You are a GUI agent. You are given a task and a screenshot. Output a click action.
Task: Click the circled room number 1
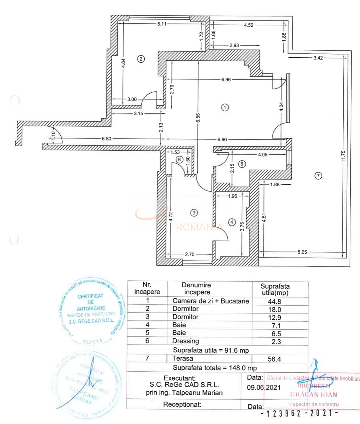coord(225,107)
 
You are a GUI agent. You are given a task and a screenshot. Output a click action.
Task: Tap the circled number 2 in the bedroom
coord(141,59)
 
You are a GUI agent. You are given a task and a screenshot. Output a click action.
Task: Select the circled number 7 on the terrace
coord(318,175)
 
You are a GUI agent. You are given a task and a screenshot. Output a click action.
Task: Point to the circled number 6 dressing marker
coord(179,160)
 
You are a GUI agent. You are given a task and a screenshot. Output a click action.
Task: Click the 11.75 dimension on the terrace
coord(343,156)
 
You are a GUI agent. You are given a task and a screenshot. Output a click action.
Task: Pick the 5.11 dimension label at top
coord(162,24)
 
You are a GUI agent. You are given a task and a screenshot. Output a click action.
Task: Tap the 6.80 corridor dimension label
coord(106,139)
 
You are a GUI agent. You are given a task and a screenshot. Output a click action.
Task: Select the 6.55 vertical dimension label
coord(198,118)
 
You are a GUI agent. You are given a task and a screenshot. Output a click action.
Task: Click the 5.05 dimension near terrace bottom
coord(302,252)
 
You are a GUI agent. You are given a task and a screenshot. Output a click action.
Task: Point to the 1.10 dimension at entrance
coord(54,136)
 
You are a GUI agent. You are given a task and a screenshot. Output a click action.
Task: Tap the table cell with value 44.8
coord(274,301)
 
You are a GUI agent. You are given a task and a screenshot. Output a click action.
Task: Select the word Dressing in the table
coord(186,341)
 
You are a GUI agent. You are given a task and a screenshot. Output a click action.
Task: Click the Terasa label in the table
coord(183,359)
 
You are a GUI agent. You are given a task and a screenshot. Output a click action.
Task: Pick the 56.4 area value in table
coord(274,359)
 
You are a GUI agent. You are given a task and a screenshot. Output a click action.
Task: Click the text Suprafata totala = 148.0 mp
coord(215,368)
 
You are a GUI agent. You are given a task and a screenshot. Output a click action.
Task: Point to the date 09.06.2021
coord(264,387)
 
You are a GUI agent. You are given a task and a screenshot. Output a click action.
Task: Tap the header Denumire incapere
coord(197,289)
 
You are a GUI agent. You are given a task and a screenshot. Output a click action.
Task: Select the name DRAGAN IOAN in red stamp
coord(314,394)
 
